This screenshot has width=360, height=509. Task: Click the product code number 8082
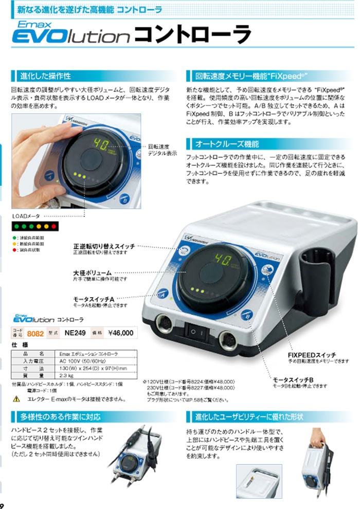(x=34, y=333)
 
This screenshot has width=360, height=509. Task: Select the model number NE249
(x=75, y=333)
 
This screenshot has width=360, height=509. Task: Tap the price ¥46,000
(x=120, y=333)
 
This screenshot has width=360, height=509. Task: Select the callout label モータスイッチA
(x=94, y=299)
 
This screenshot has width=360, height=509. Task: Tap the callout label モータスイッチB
(x=293, y=380)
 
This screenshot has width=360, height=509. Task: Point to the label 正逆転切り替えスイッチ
(x=104, y=247)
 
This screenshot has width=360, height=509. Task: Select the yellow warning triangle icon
(x=16, y=399)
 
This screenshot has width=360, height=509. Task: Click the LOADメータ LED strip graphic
(x=35, y=227)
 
